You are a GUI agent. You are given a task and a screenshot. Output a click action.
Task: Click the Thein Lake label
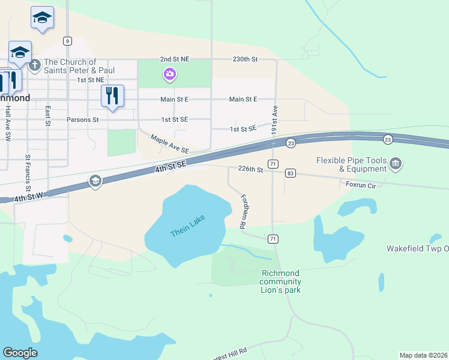187,225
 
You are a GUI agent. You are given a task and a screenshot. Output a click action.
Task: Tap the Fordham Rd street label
243,212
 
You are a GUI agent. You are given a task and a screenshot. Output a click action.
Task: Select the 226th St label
250,170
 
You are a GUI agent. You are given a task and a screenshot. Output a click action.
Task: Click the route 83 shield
291,173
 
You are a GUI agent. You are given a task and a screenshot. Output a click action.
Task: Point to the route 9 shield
67,41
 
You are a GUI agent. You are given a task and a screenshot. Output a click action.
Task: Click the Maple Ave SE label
170,143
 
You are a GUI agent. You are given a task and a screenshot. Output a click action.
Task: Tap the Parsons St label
83,119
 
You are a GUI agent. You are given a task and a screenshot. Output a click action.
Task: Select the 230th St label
245,59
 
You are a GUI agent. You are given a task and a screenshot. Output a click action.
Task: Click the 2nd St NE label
174,59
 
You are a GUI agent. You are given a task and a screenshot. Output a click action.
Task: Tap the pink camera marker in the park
170,74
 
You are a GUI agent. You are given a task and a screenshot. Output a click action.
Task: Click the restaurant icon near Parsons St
112,95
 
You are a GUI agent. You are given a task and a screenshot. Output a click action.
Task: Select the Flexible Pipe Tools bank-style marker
396,163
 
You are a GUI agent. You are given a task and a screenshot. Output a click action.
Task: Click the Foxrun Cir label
360,185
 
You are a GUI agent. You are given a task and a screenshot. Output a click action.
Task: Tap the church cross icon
35,65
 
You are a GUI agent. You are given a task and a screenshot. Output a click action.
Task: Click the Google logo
20,353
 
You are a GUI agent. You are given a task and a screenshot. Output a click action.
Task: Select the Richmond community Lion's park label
281,281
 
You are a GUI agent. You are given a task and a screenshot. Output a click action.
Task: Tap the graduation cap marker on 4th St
95,181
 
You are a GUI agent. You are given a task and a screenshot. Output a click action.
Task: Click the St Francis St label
28,172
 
